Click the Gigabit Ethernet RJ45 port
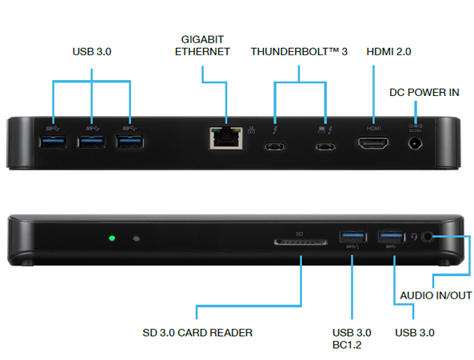pyautogui.click(x=226, y=138)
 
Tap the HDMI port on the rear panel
pyautogui.click(x=373, y=143)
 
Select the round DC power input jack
pyautogui.click(x=415, y=143)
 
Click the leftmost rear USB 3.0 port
pyautogui.click(x=53, y=142)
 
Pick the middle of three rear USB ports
pyautogui.click(x=91, y=142)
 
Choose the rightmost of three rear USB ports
pyautogui.click(x=129, y=142)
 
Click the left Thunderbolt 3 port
pyautogui.click(x=274, y=147)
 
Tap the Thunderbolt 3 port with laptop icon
pyautogui.click(x=325, y=147)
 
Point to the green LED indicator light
pyautogui.click(x=112, y=238)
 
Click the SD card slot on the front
pyautogui.click(x=301, y=242)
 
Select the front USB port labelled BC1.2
pyautogui.click(x=353, y=237)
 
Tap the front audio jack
pyautogui.click(x=427, y=237)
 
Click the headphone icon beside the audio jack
pyautogui.click(x=414, y=237)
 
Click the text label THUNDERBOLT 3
pyautogui.click(x=299, y=52)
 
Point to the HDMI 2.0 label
pyautogui.click(x=388, y=52)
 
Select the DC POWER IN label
pyautogui.click(x=424, y=92)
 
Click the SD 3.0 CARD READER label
pyautogui.click(x=197, y=333)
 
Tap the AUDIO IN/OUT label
pyautogui.click(x=436, y=295)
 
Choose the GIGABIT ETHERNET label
pyautogui.click(x=202, y=46)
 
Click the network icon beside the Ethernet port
pyautogui.click(x=252, y=130)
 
